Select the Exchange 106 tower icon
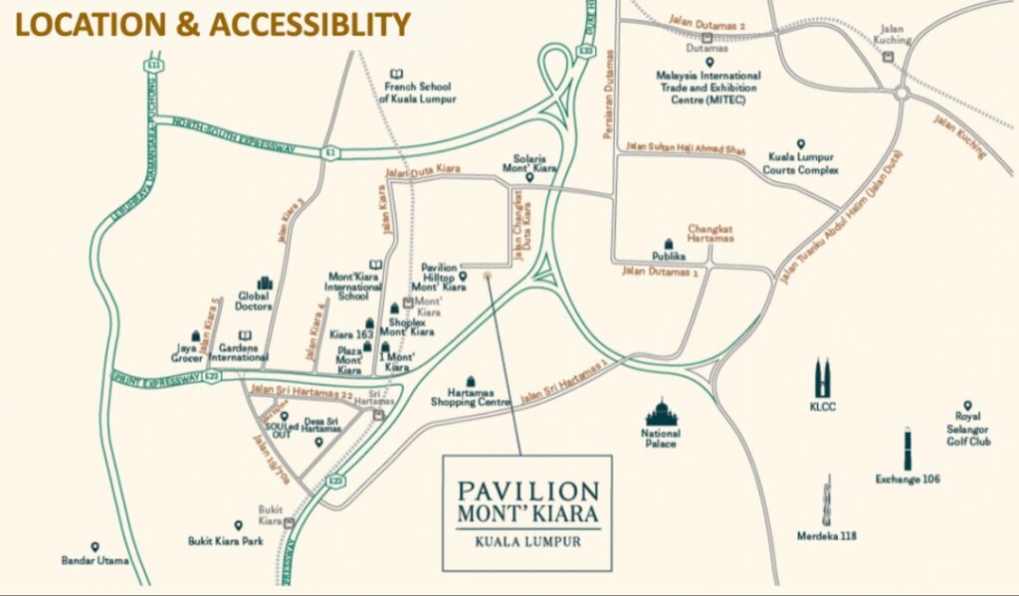point(908,450)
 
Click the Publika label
point(670,256)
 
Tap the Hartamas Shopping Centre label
point(470,397)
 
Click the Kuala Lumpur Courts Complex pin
point(800,144)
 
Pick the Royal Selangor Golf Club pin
point(966,405)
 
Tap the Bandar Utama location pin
point(95,547)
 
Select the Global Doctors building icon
point(265,284)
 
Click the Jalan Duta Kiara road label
point(422,173)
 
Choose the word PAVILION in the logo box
point(528,492)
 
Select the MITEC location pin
point(710,62)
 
